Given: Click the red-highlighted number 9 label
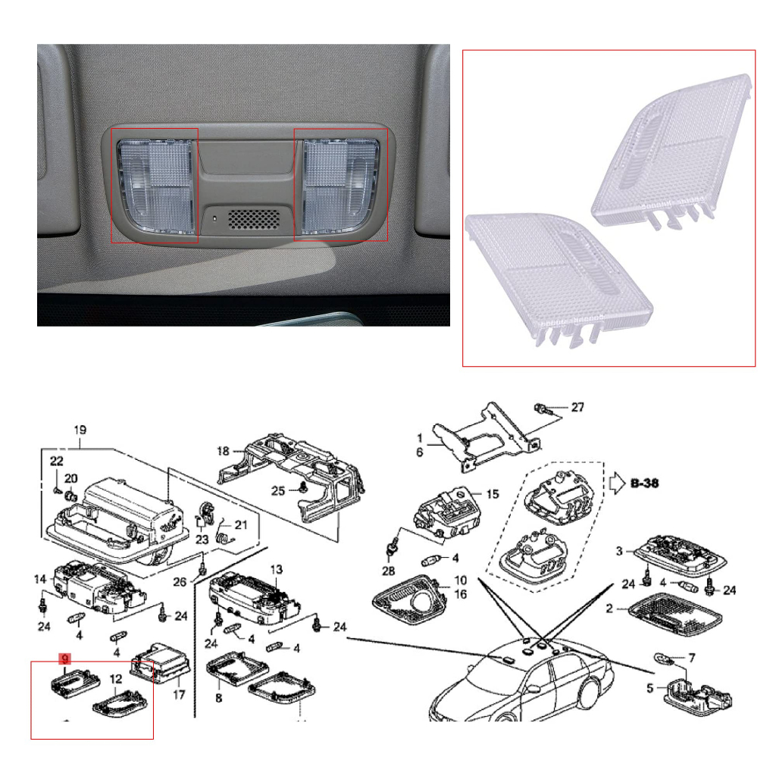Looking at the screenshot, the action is pos(65,659).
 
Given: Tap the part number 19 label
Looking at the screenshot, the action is pos(80,430).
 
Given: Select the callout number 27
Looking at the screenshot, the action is pos(577,407).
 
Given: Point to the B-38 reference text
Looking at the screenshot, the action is pos(645,483).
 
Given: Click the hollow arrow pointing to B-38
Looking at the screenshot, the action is pos(617,483).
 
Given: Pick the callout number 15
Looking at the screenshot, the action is pos(493,494).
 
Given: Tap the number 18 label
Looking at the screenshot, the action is pos(224,451).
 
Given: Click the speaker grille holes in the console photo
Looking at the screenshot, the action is pos(253,219).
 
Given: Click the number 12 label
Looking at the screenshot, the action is pos(116,679).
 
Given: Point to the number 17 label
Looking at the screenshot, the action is pos(179,695).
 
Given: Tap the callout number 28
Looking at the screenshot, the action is pos(389,571).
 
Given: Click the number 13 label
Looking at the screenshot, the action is pos(276,569).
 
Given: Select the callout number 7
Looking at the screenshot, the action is pos(692,657).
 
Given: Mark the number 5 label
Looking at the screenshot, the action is pos(649,688).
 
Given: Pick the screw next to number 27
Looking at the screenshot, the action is pos(540,408).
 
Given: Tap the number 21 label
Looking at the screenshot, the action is pos(241,524).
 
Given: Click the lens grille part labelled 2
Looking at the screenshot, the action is pos(675,615).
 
